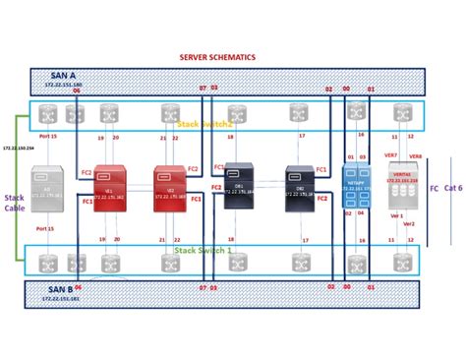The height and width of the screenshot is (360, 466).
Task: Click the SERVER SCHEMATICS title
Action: [x=217, y=58]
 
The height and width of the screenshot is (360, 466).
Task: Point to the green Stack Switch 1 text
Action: [x=204, y=251]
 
